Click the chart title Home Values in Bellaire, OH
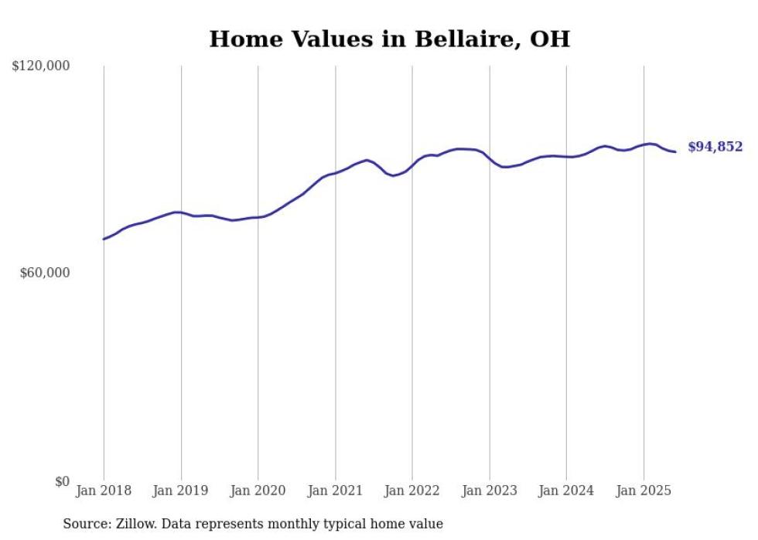[389, 39]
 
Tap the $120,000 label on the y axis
[41, 66]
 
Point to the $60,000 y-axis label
[44, 273]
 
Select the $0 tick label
[62, 481]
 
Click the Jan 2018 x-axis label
[104, 491]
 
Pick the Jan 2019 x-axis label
[181, 491]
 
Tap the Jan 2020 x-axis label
[258, 491]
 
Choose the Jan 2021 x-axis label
[335, 491]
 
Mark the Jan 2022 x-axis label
[412, 491]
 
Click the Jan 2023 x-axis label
[490, 491]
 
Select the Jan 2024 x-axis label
[566, 491]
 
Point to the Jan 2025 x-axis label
[644, 491]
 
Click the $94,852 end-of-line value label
[715, 147]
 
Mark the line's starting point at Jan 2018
[104, 239]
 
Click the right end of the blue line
[675, 151]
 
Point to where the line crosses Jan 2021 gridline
[335, 173]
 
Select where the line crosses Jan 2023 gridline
[490, 158]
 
